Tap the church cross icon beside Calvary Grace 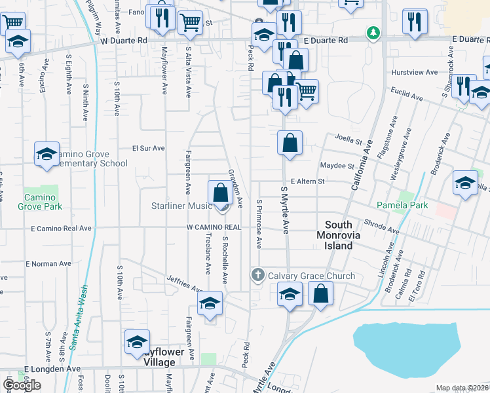point(258,274)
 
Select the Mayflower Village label point(160,358)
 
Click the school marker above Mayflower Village point(138,341)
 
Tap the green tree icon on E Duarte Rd point(373,31)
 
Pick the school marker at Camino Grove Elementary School point(47,154)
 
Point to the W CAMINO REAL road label point(214,227)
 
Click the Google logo point(22,384)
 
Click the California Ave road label point(361,167)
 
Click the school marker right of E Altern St point(465,183)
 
